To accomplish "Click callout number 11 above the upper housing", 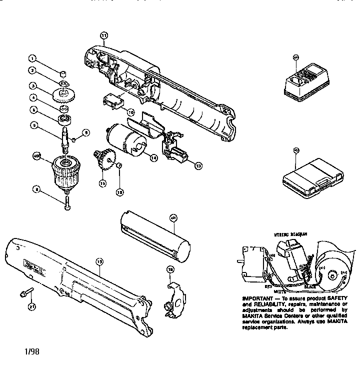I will click(x=103, y=35).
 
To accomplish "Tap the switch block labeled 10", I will click(x=113, y=101).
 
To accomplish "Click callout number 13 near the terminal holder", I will click(x=198, y=166).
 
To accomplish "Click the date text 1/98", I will click(x=29, y=350).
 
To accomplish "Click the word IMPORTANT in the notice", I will click(x=256, y=299).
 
